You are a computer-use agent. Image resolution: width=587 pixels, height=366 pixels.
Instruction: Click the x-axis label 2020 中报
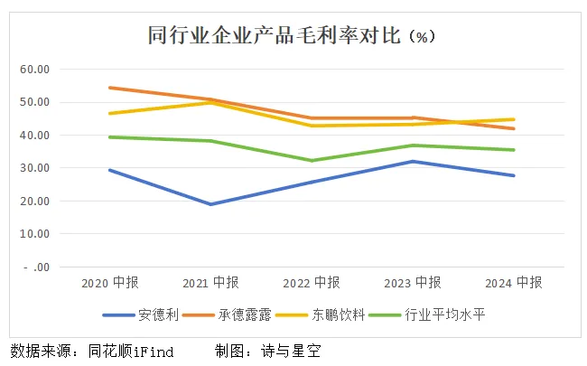(107, 283)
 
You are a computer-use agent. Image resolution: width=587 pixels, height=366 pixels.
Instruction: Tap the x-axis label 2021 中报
(210, 283)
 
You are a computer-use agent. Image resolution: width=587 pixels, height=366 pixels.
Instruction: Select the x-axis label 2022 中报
(312, 283)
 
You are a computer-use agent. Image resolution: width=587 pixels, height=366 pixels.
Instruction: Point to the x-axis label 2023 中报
(413, 283)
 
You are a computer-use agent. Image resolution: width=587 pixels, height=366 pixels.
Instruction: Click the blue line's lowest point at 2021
(210, 204)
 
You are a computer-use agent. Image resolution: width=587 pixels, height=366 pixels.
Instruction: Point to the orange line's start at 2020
(108, 88)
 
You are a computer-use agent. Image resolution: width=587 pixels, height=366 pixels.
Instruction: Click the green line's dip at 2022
(312, 161)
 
